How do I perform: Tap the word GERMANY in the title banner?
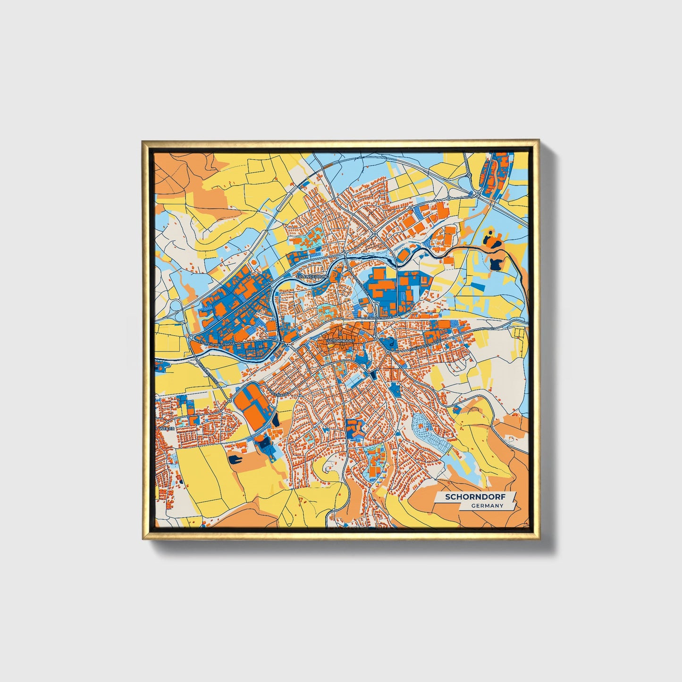[x=487, y=506]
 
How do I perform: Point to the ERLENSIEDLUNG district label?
[x=312, y=276]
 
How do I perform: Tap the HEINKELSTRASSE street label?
[x=377, y=319]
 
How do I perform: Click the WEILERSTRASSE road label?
[x=209, y=373]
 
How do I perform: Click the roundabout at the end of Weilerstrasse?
[x=230, y=401]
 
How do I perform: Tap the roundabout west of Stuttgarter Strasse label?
[x=191, y=338]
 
